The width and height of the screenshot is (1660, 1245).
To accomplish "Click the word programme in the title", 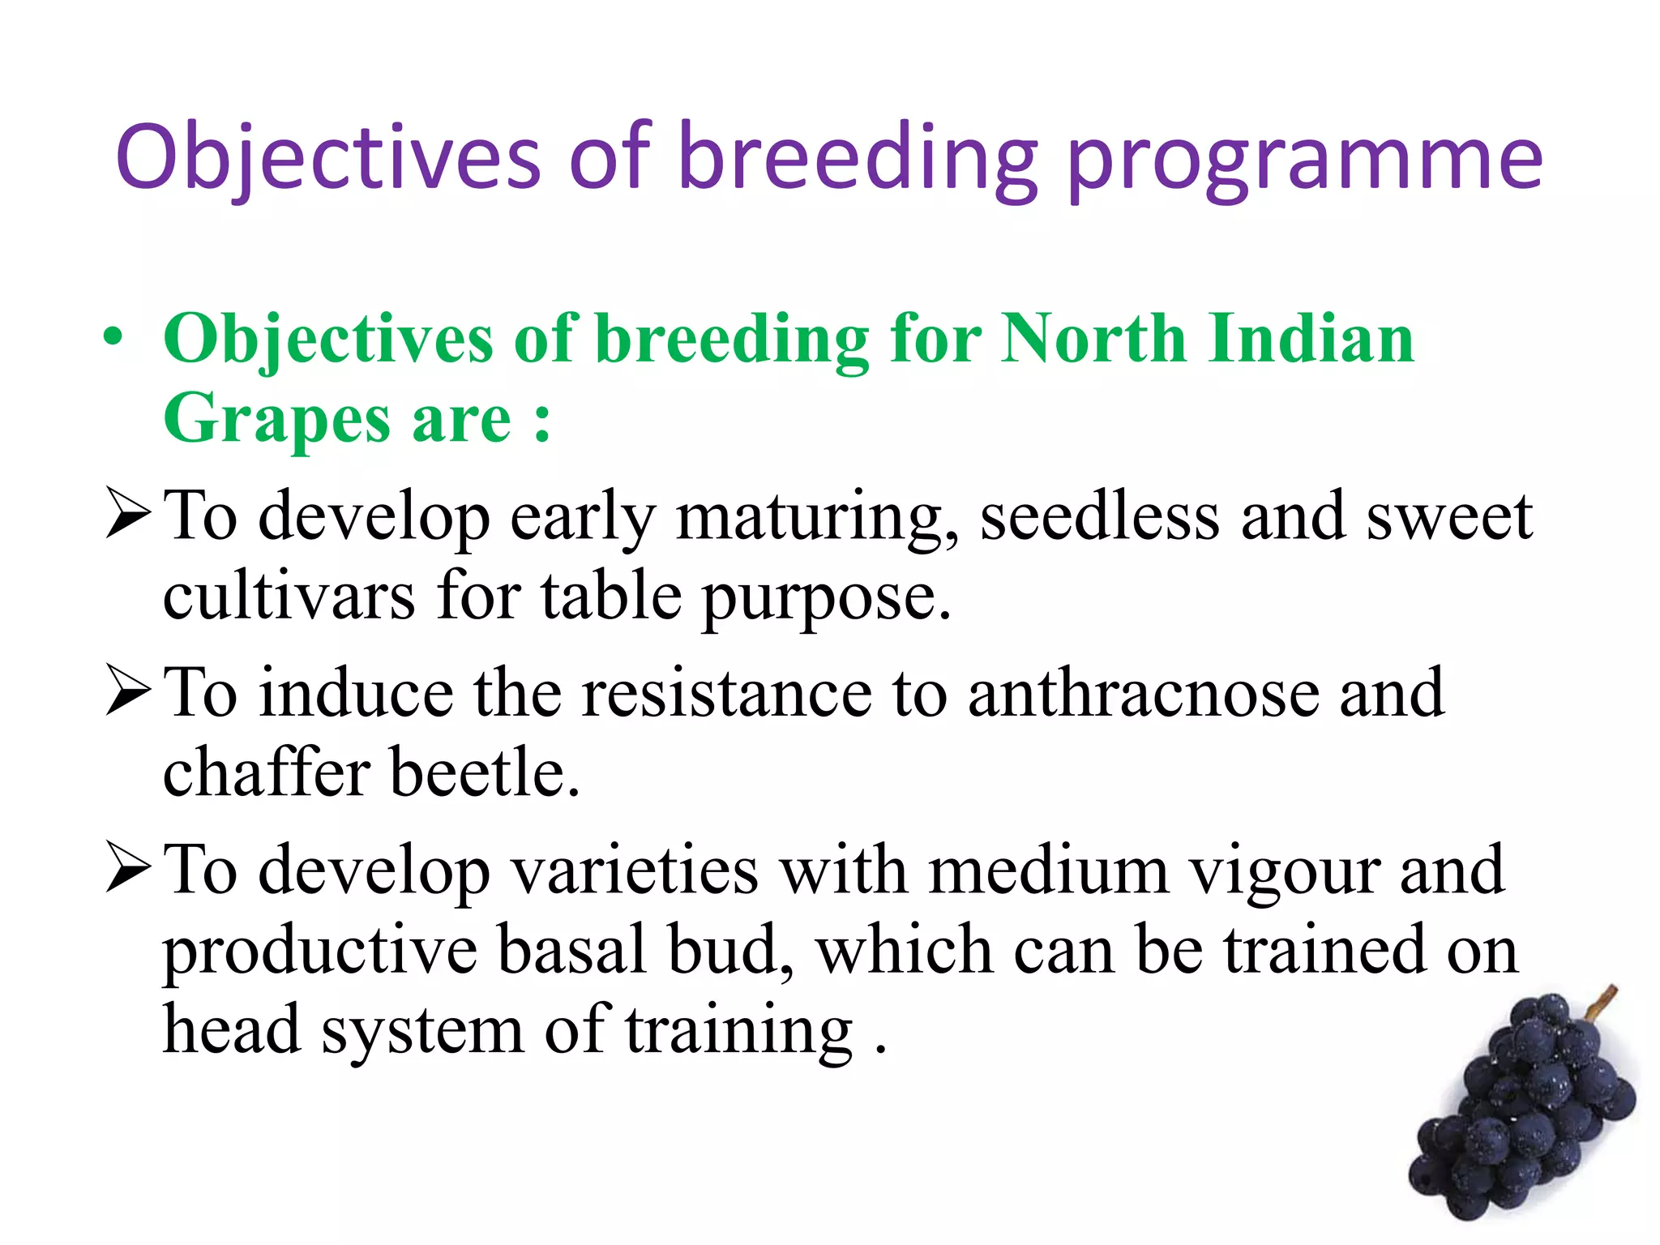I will point(1305,160).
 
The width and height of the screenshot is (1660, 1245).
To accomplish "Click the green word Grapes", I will point(276,420).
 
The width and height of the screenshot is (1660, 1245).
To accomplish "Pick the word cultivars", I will point(289,597).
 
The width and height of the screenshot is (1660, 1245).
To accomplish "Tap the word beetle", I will point(484,772).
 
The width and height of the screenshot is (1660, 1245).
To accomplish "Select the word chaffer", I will point(267,772).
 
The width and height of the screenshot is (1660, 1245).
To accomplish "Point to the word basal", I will point(571,950).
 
